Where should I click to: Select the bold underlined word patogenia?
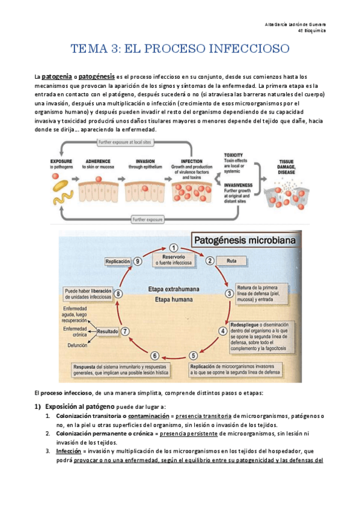[x=56, y=77]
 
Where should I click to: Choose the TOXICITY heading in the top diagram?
[x=233, y=155]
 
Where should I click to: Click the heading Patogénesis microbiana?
[x=243, y=241]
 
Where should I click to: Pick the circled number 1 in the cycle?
[x=173, y=248]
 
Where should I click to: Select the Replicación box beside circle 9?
[x=118, y=262]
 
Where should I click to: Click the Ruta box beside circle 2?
[x=231, y=261]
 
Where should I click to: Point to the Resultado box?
[x=106, y=330]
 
